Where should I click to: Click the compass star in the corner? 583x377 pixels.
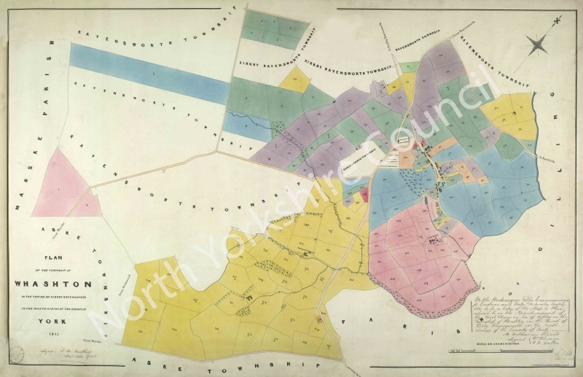539,45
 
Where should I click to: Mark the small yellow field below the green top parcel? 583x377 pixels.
295,80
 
